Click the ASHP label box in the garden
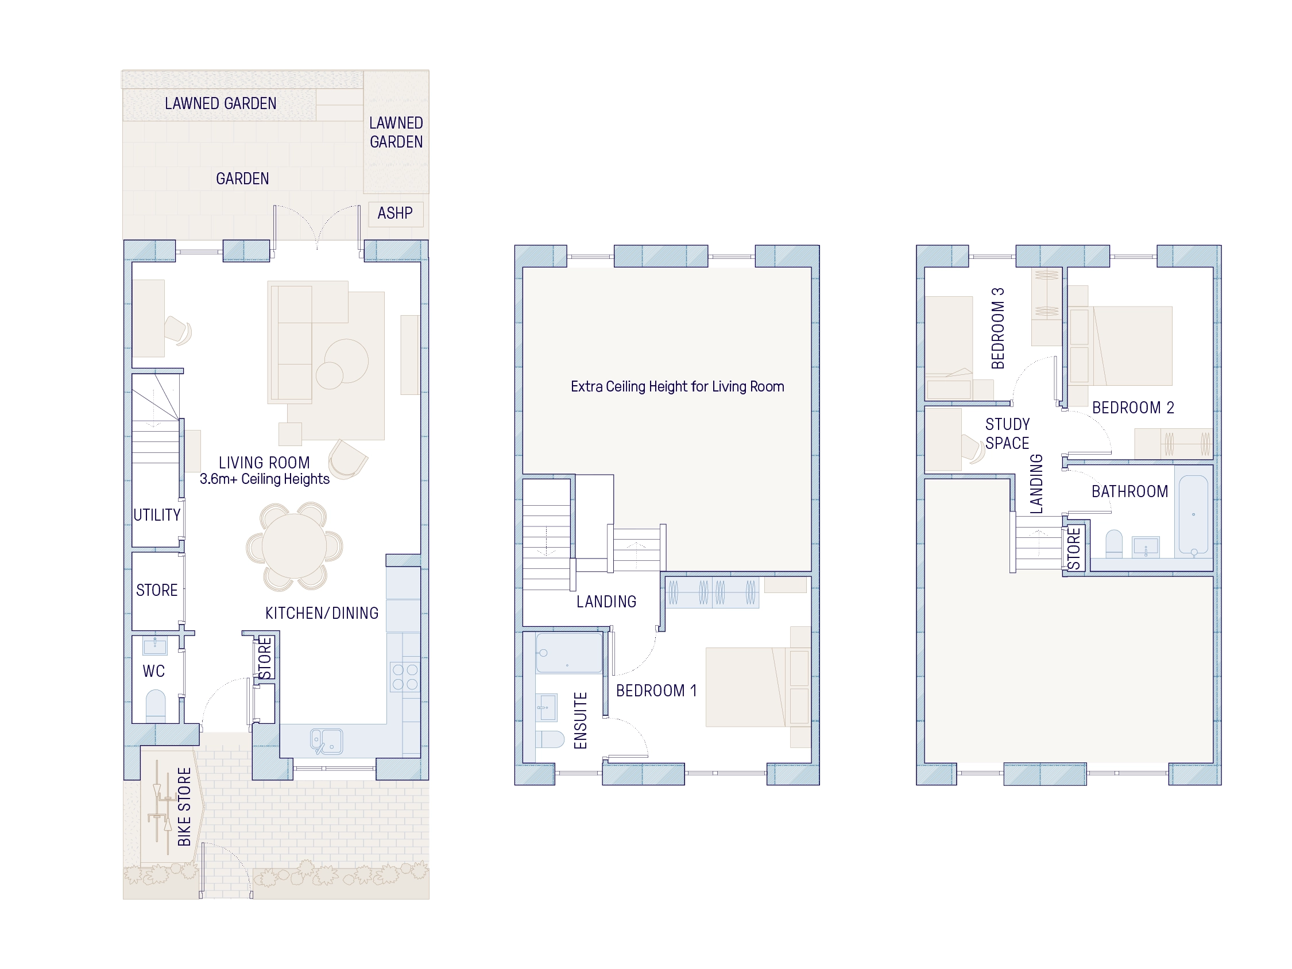pyautogui.click(x=396, y=213)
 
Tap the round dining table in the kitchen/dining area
pyautogui.click(x=294, y=545)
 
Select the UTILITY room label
pyautogui.click(x=157, y=515)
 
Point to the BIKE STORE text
pyautogui.click(x=184, y=807)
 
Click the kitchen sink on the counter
pyautogui.click(x=327, y=741)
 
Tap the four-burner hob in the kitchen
pyautogui.click(x=405, y=676)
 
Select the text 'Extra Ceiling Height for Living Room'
pyautogui.click(x=677, y=387)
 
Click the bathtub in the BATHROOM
pyautogui.click(x=1193, y=514)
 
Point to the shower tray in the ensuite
pyautogui.click(x=568, y=653)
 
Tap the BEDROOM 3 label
pyautogui.click(x=998, y=328)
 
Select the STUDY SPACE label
pyautogui.click(x=1007, y=433)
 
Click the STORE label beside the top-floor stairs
pyautogui.click(x=1074, y=548)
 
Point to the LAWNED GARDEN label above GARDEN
pyautogui.click(x=220, y=104)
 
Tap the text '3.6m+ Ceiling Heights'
pyautogui.click(x=265, y=479)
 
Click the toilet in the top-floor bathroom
pyautogui.click(x=1114, y=542)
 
